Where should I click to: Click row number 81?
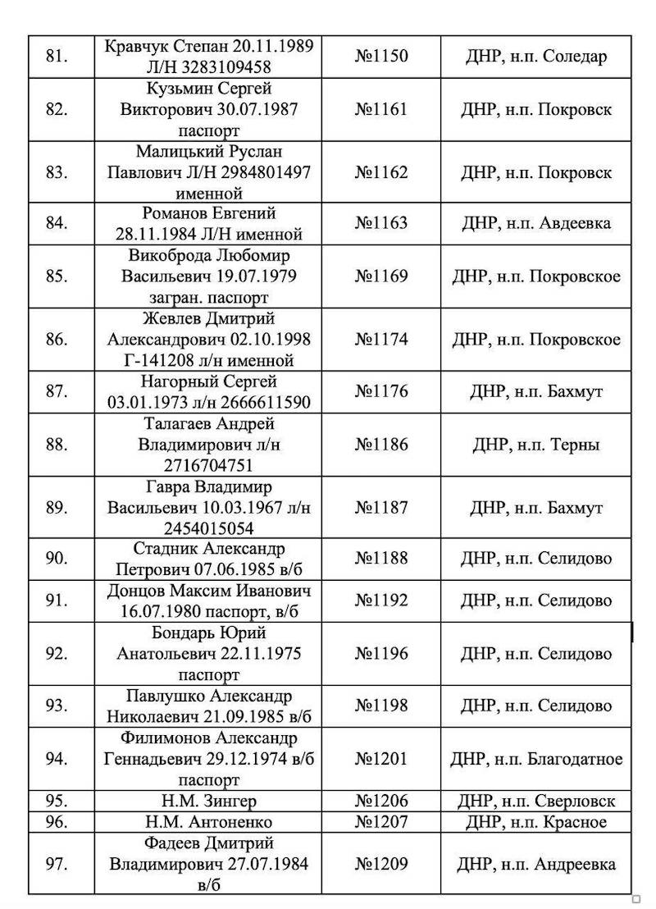coord(57,57)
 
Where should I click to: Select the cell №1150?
coord(380,57)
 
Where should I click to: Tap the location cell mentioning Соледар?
coord(535,57)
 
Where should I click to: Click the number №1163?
coord(380,222)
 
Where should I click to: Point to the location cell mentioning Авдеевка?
coord(535,222)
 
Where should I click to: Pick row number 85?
coord(57,276)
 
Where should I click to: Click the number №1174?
coord(380,339)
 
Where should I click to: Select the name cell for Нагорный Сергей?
coord(209,391)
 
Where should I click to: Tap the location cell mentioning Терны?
coord(535,445)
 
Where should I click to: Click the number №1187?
coord(380,507)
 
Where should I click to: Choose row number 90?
coord(57,559)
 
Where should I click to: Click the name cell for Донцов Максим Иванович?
coord(209,601)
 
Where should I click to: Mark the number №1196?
coord(380,654)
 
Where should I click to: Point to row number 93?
coord(57,706)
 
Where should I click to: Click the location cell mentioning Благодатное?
coord(535,759)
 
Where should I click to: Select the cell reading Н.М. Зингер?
coord(209,801)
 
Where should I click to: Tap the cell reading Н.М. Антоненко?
coord(209,822)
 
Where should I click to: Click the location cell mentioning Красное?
coord(535,822)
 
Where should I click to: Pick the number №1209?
coord(380,864)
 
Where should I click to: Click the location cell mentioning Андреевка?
coord(535,864)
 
